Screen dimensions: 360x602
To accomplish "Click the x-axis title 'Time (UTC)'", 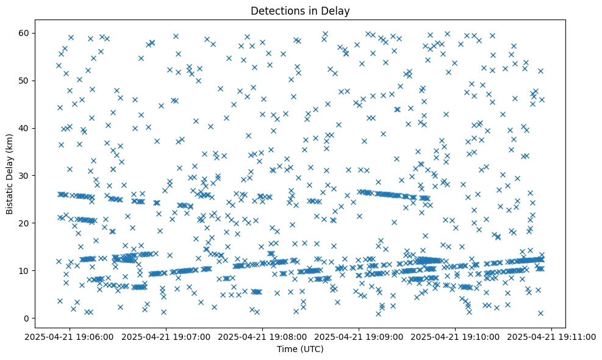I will pos(300,350).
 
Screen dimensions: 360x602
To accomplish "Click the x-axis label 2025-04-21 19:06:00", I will pos(70,336).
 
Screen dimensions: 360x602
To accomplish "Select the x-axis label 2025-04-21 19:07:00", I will pos(167,336).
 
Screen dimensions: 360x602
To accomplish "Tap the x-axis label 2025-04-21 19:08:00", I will pos(263,336).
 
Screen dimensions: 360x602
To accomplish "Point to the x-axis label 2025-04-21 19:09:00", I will pos(359,336).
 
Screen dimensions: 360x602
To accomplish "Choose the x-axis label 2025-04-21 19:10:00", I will pos(456,336).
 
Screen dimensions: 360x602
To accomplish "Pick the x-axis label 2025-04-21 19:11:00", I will pos(553,336).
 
